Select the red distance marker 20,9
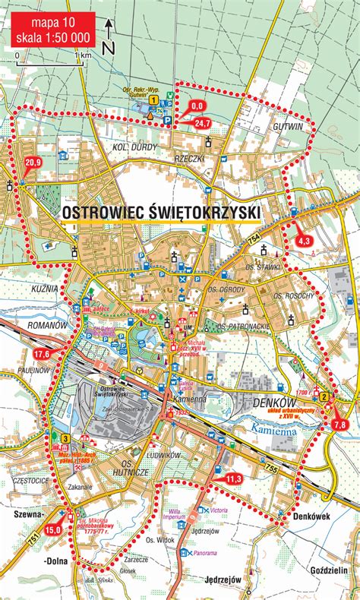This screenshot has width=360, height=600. coord(33,162)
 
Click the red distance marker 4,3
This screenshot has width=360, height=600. coord(305,240)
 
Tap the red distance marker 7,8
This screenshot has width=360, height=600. coord(341,423)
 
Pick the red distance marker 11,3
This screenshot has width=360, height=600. coord(233,478)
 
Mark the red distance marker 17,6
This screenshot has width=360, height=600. coord(41,354)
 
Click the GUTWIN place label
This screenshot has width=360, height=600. coord(289,125)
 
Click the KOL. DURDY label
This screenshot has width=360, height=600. coord(134,146)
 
